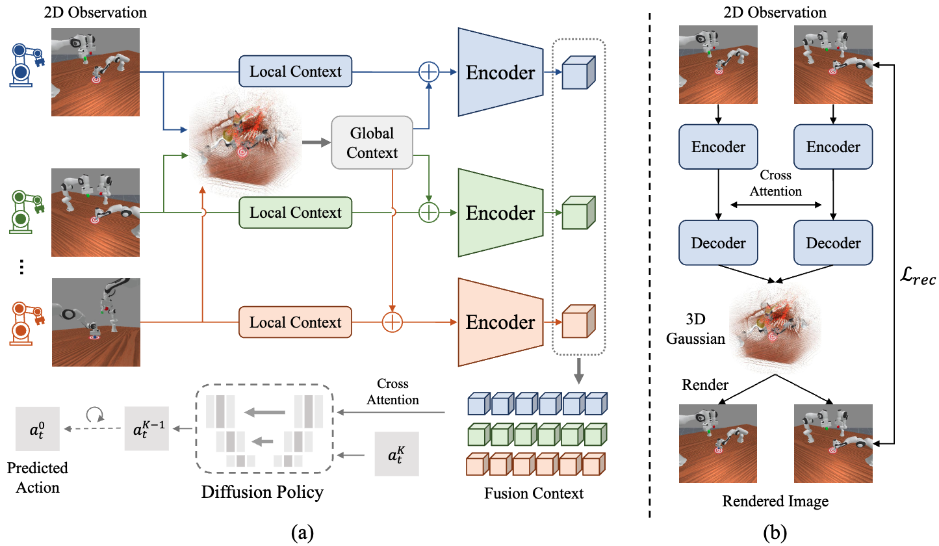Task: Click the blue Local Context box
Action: (x=295, y=71)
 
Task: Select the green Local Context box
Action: (x=295, y=213)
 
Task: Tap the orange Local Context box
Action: (x=295, y=322)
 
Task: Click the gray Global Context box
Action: (x=372, y=143)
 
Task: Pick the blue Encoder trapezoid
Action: (x=500, y=72)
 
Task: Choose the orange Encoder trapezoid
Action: (x=500, y=322)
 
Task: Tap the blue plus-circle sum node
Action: (x=429, y=71)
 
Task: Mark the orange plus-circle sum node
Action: (x=392, y=322)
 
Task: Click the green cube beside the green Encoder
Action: (x=574, y=213)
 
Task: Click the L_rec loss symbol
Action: (x=917, y=279)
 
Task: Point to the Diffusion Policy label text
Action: (x=262, y=492)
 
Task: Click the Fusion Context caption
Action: (x=534, y=493)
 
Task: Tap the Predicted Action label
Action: (x=38, y=477)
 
